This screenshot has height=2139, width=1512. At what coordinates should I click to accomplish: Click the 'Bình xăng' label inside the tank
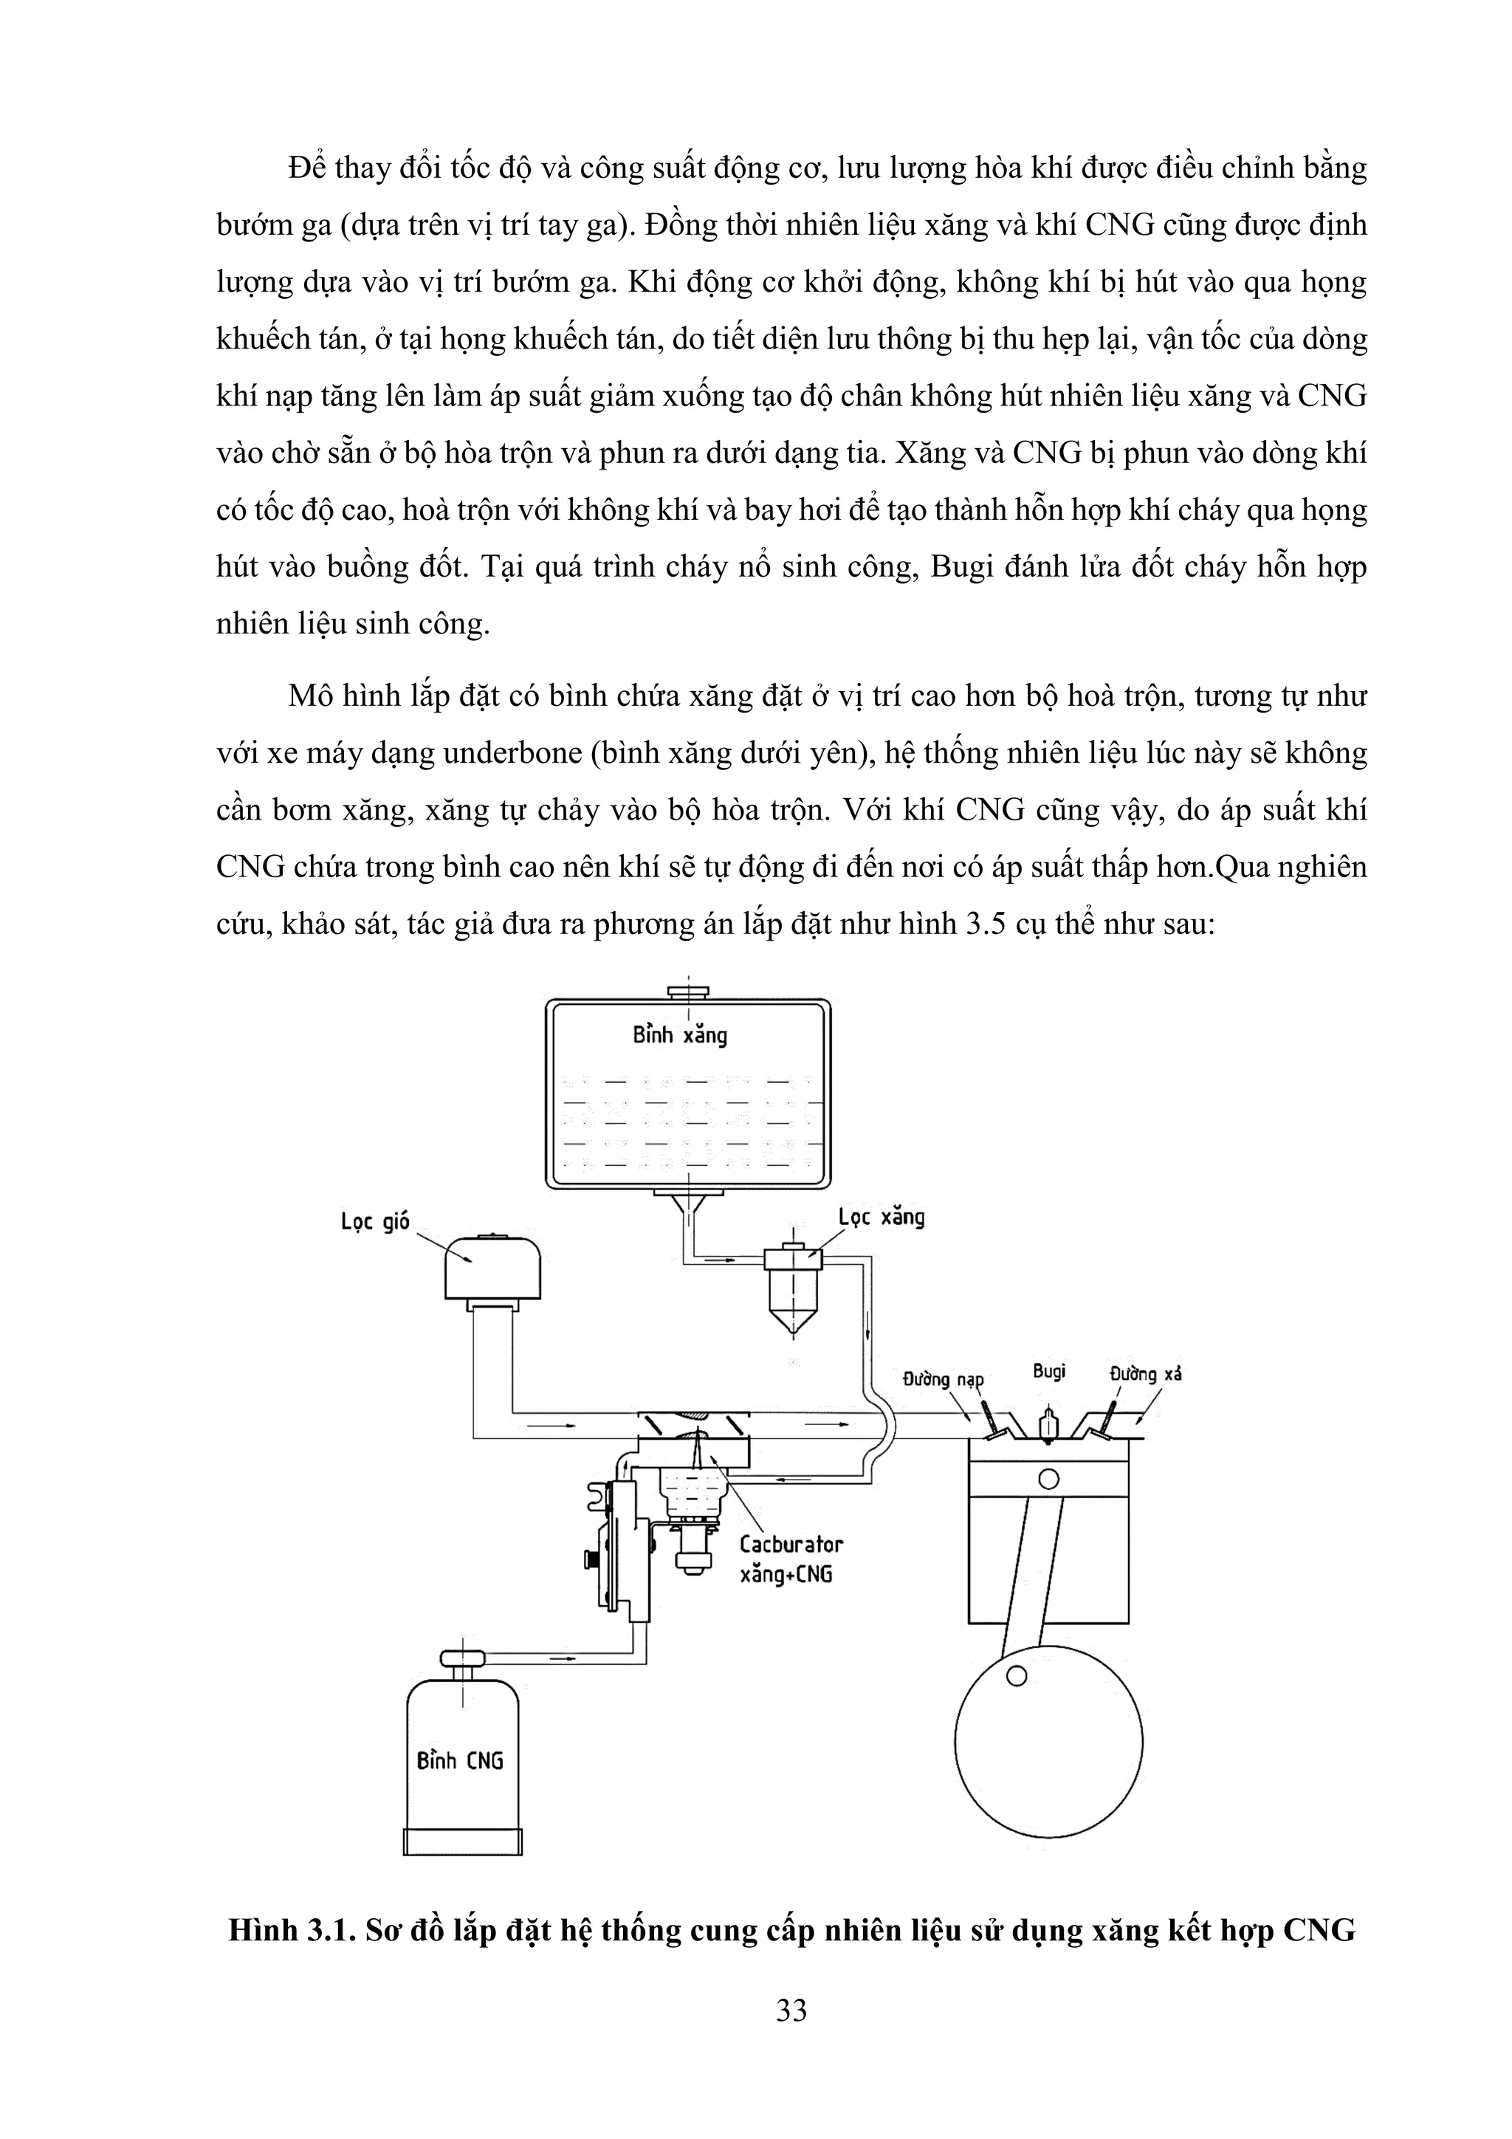point(679,1034)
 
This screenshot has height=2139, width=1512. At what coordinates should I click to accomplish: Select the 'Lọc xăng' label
point(882,1217)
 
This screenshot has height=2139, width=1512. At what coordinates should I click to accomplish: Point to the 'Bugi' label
point(1049,1371)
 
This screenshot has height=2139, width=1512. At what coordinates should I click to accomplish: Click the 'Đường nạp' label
point(943,1378)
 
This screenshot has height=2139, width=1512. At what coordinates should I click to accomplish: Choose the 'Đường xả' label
point(1145,1374)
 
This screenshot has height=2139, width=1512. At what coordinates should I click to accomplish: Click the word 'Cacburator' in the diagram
point(791,1544)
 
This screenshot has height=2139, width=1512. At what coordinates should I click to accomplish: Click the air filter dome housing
point(492,1267)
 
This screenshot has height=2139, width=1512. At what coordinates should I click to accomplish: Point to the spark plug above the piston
point(1049,1424)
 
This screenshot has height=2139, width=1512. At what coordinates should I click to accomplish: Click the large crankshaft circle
point(1048,1741)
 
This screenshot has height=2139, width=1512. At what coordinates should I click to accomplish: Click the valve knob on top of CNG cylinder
point(463,1658)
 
